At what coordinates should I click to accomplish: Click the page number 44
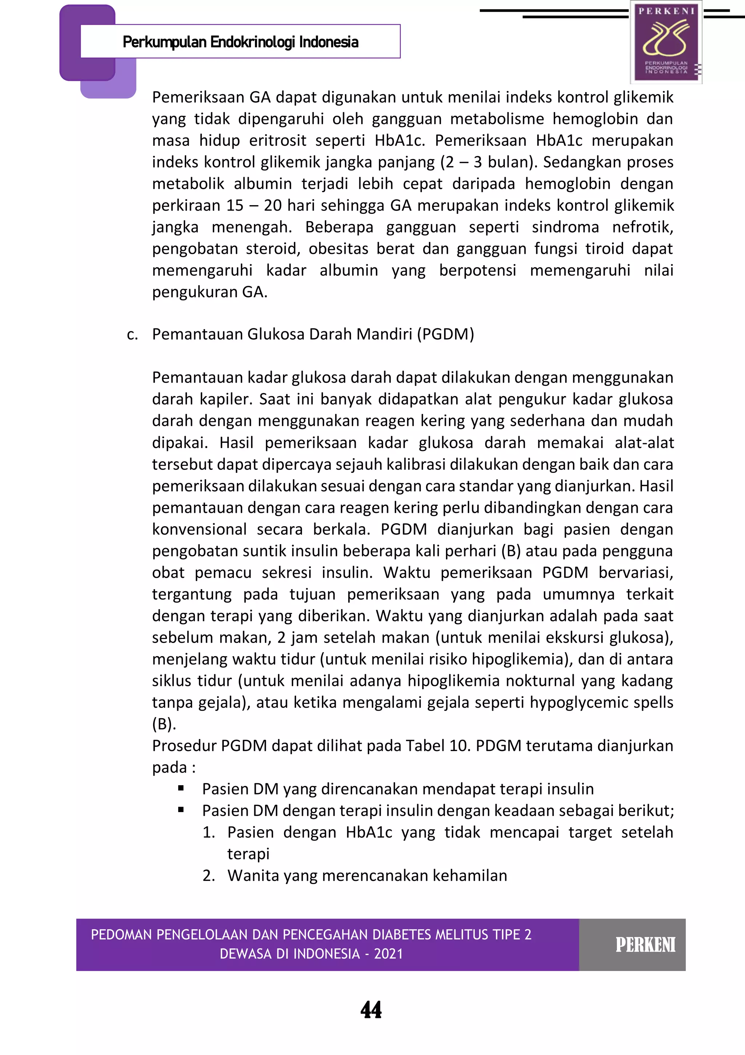(x=371, y=1010)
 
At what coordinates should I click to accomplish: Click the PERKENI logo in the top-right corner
(x=666, y=42)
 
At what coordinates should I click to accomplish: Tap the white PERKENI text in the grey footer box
(x=645, y=945)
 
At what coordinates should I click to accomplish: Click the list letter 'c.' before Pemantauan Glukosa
(x=132, y=335)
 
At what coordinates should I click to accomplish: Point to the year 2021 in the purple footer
(x=389, y=954)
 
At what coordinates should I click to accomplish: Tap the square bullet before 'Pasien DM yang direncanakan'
(x=181, y=788)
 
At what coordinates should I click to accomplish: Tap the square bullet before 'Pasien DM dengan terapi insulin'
(x=181, y=810)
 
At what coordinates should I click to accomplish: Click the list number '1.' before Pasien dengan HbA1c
(x=209, y=832)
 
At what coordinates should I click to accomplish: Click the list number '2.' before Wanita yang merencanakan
(x=209, y=875)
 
